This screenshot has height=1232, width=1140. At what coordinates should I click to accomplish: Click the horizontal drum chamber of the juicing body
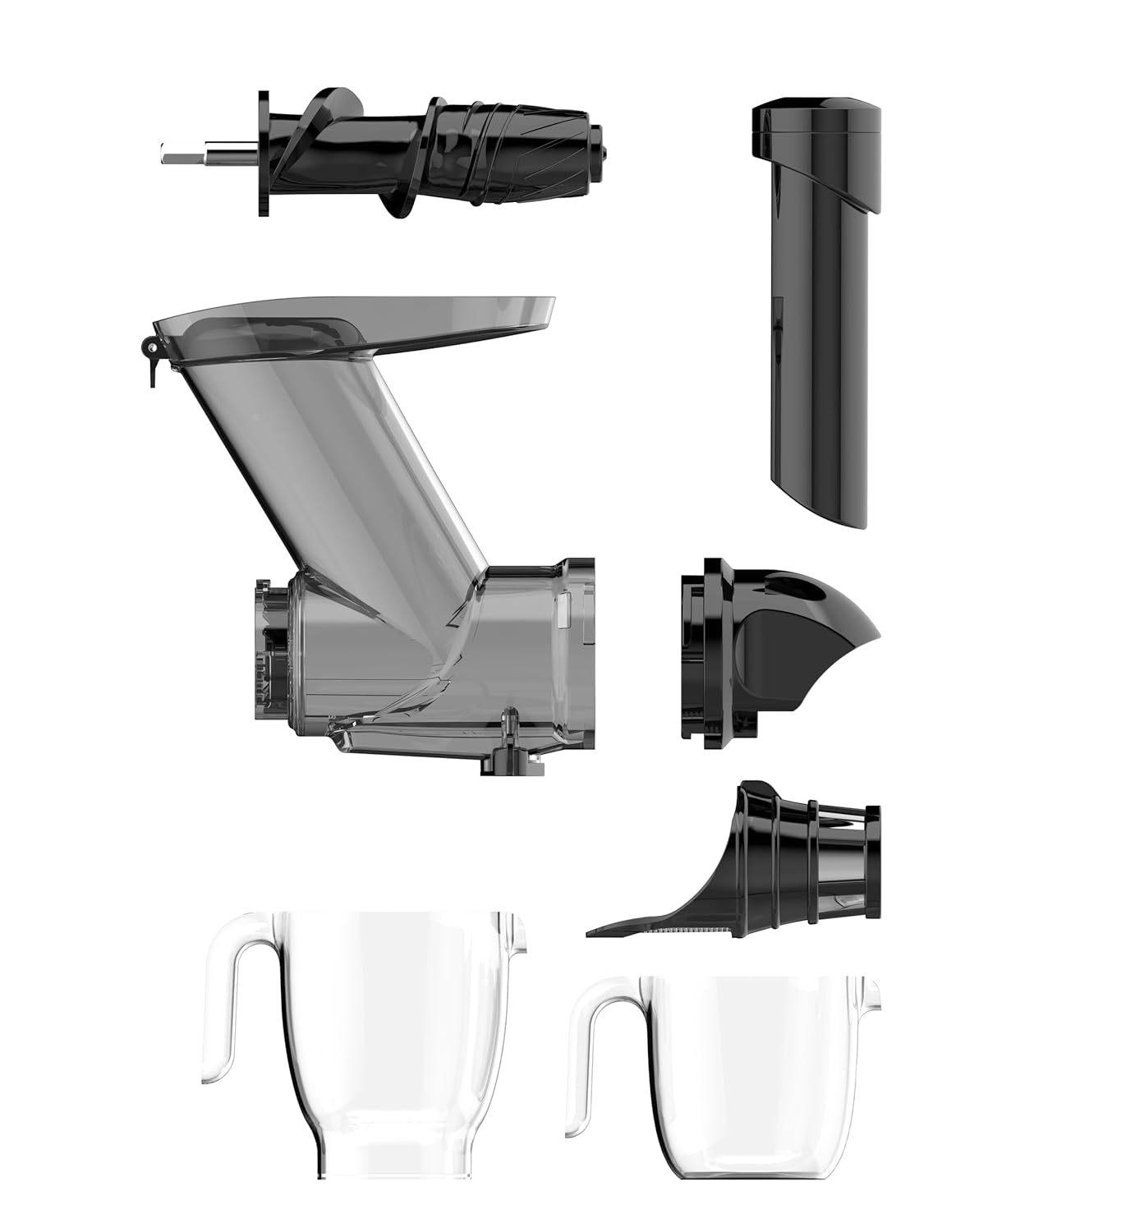[427, 649]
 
